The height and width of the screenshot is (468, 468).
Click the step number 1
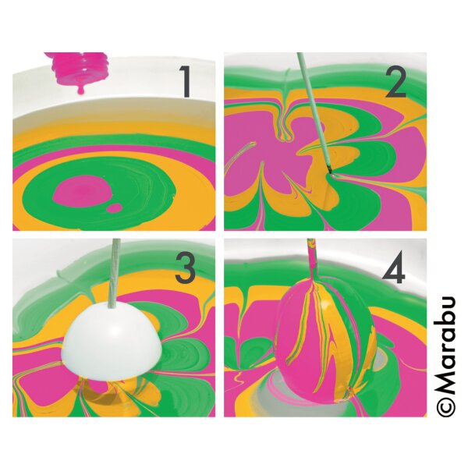click(x=186, y=82)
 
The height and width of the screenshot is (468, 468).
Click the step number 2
click(x=396, y=83)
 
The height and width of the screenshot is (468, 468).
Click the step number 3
click(x=186, y=268)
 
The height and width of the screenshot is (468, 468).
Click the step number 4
click(x=394, y=268)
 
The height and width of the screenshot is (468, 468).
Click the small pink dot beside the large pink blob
click(x=115, y=208)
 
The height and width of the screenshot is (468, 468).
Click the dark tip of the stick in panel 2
click(x=330, y=169)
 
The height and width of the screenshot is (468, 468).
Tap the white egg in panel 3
click(x=112, y=340)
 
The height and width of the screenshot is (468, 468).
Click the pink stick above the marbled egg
click(x=313, y=260)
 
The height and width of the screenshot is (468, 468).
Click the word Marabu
click(x=446, y=345)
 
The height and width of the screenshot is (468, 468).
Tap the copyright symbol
click(x=446, y=406)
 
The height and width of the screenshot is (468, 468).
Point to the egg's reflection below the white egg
click(x=112, y=394)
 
